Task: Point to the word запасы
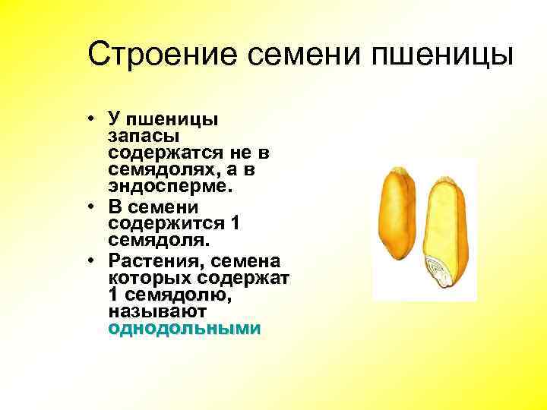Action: [x=144, y=136]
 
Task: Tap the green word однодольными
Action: [x=185, y=329]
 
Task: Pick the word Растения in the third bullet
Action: [x=148, y=260]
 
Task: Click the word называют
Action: [x=158, y=312]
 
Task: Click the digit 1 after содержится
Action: [x=235, y=224]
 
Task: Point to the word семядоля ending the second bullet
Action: [x=156, y=241]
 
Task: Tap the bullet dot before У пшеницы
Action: [x=90, y=119]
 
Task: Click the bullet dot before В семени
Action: [x=90, y=207]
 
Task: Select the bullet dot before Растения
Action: [x=90, y=260]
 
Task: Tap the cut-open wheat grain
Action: [x=447, y=235]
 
